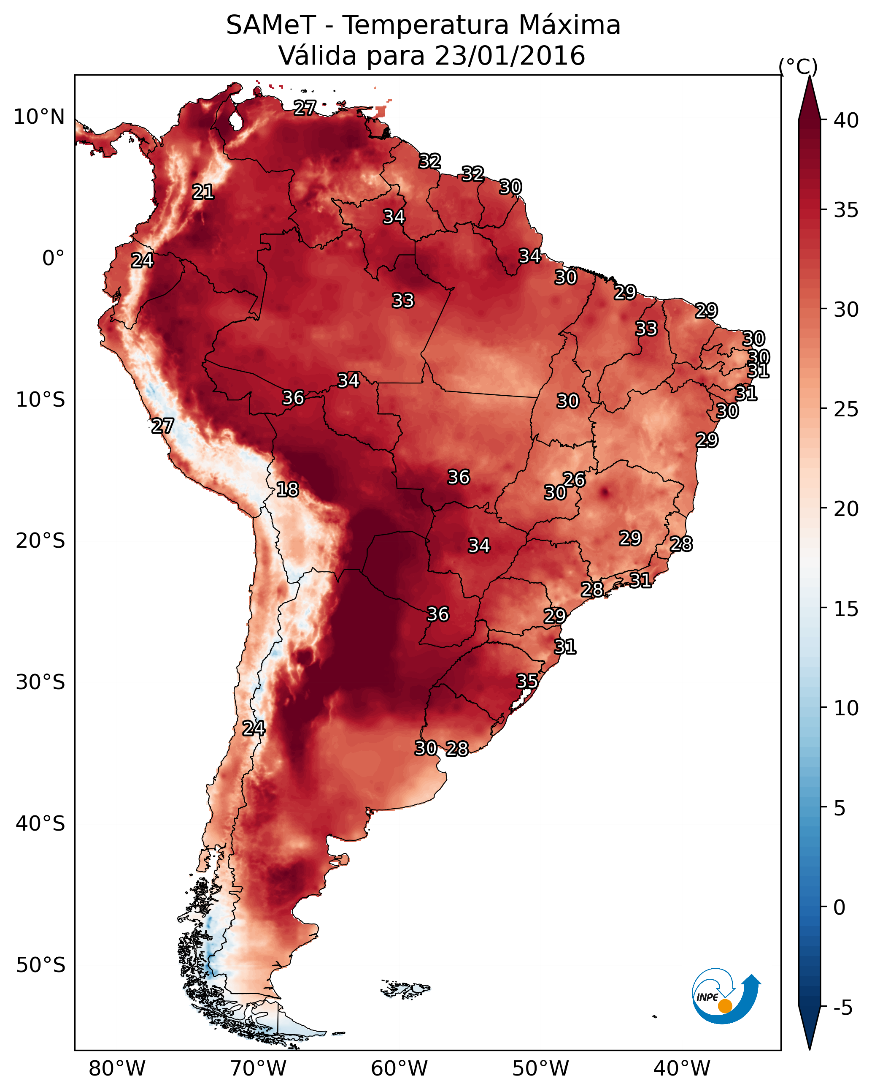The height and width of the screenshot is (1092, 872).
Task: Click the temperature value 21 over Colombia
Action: coord(203,192)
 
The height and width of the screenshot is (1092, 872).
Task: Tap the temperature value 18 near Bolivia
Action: coord(287,490)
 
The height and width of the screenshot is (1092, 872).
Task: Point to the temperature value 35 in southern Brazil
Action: coord(527,681)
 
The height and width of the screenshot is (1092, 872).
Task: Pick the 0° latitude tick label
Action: coord(53,258)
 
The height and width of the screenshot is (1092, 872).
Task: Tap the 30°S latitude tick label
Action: coord(40,682)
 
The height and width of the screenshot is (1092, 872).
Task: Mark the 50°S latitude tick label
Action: coord(40,965)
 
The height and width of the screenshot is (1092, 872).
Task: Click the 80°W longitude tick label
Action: coord(117,1068)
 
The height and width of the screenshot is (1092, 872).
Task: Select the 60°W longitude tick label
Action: coord(400,1068)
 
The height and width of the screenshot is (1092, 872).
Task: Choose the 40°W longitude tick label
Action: coord(682,1068)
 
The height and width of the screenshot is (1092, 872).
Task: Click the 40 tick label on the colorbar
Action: coord(846,120)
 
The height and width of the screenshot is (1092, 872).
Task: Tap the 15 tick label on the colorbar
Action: coord(846,609)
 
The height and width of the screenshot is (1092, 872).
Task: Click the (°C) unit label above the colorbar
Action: coord(798,67)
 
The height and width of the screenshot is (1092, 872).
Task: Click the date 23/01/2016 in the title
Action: coord(510,56)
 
